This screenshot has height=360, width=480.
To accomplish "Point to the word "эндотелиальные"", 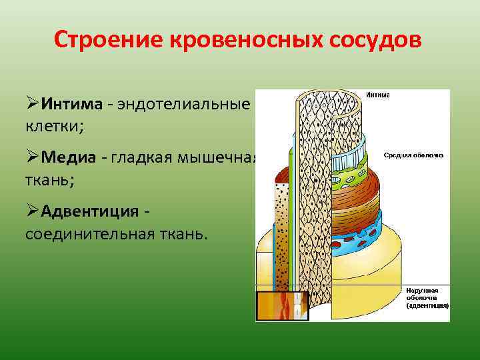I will coord(184,104).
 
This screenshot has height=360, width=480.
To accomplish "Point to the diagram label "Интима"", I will coord(378,95).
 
